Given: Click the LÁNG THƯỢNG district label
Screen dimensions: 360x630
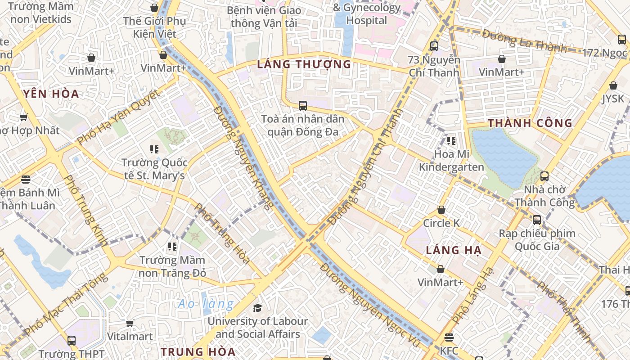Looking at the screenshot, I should click(304, 64).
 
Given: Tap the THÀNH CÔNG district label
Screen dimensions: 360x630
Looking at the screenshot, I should click(530, 123).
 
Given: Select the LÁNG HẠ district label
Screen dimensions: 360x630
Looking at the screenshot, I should click(454, 251).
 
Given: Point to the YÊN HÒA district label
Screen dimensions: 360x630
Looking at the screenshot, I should click(51, 94).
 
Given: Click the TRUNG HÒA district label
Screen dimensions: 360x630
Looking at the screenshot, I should click(198, 351).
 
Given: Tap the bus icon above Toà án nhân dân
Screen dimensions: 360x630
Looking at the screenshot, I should click(303, 106).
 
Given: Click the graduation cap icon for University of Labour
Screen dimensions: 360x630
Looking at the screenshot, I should click(257, 308).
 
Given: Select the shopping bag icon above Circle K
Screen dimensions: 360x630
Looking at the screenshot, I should click(441, 210).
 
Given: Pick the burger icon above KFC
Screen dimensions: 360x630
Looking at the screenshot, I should click(449, 337).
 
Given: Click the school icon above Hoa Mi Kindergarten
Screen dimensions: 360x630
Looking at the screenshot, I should click(451, 141).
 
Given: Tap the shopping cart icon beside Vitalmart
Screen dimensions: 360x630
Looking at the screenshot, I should click(130, 323).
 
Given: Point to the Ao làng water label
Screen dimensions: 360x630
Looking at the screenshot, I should click(206, 304).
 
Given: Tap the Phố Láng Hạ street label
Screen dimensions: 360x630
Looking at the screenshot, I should click(473, 295).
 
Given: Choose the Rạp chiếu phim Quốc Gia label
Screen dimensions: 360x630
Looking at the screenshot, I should click(537, 240).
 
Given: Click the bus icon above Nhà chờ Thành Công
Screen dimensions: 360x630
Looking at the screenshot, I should click(544, 176).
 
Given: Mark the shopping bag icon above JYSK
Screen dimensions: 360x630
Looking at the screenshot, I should click(613, 85).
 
